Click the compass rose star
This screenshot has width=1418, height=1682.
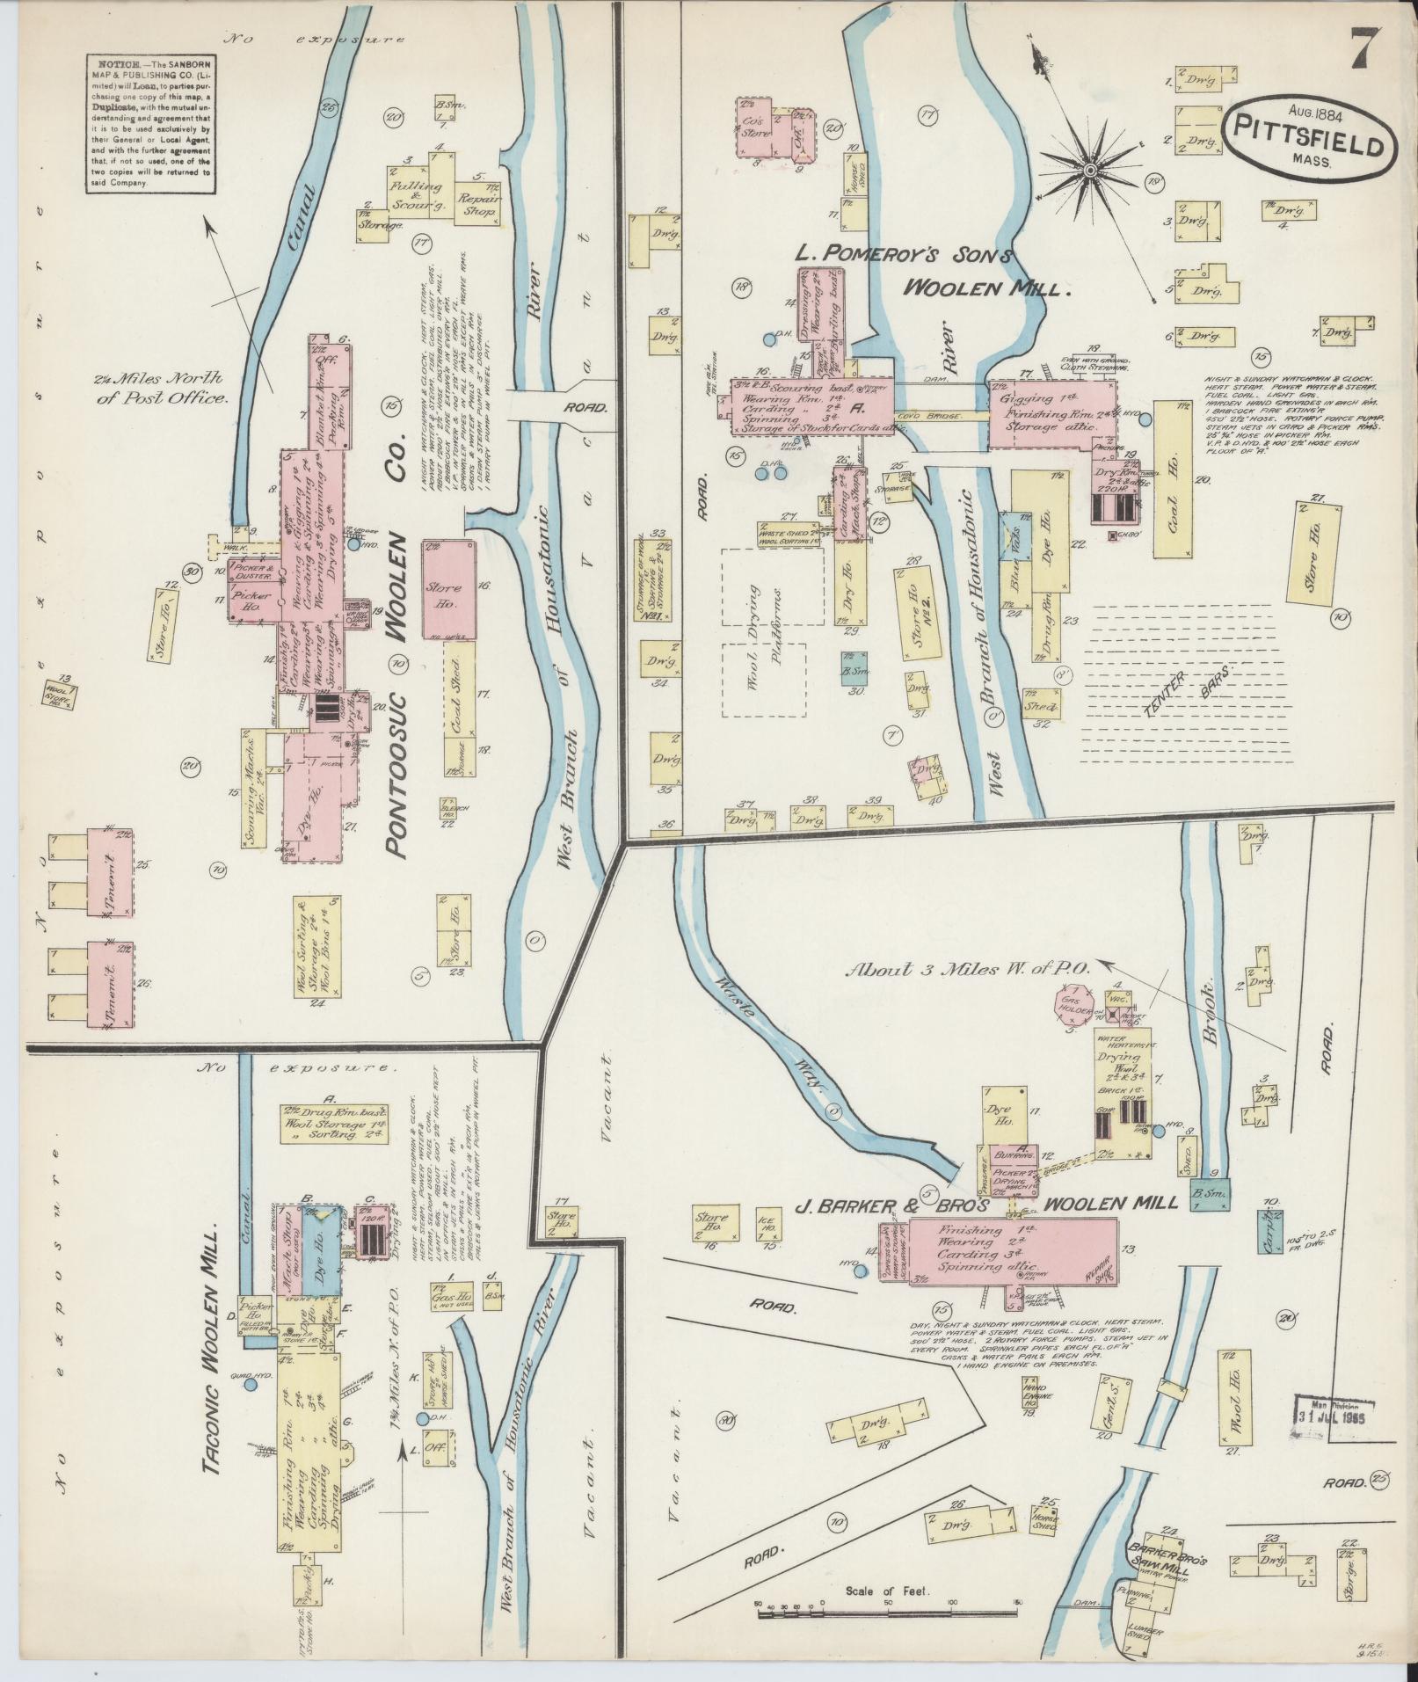pos(1090,169)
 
